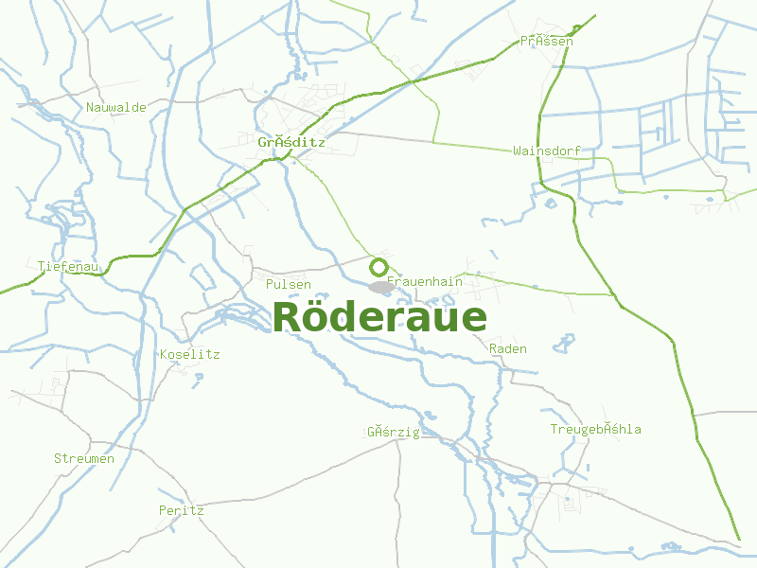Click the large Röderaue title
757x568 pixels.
379,317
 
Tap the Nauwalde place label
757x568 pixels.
116,107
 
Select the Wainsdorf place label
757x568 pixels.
546,151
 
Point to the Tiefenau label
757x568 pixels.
69,266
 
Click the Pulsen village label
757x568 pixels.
289,284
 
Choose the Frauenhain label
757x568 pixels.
426,281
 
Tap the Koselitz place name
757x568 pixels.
190,354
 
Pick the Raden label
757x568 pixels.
508,348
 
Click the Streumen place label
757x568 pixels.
84,458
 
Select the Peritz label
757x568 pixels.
182,509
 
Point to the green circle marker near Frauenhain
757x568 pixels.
378,267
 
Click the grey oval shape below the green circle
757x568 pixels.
381,287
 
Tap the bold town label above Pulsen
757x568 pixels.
291,142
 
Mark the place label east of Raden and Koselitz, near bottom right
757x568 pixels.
596,429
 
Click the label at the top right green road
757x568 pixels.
547,41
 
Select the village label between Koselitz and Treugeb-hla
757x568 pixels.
393,432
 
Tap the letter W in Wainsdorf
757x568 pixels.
517,151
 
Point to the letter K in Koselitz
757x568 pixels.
165,354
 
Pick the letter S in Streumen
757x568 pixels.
58,458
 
